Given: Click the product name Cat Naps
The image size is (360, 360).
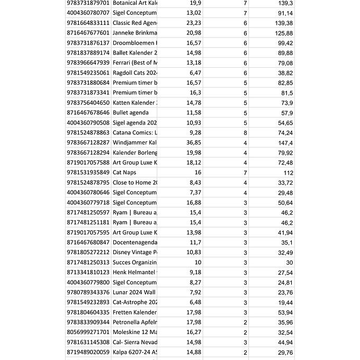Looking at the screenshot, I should pyautogui.click(x=124, y=173).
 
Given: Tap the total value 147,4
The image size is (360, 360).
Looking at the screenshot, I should pyautogui.click(x=285, y=143).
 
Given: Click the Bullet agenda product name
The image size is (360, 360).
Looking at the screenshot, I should pyautogui.click(x=131, y=113).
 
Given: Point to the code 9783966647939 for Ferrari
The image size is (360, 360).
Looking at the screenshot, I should pyautogui.click(x=88, y=63).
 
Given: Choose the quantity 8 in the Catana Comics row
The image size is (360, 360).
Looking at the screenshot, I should pyautogui.click(x=245, y=133).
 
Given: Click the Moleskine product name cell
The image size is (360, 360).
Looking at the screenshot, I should pyautogui.click(x=135, y=332).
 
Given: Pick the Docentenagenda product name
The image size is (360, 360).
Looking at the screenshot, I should pyautogui.click(x=135, y=242).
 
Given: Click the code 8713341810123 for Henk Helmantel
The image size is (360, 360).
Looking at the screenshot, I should pyautogui.click(x=88, y=273).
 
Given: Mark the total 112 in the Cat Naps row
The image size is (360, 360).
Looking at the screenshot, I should pyautogui.click(x=288, y=173).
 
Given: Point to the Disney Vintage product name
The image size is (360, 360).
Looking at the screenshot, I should pyautogui.click(x=135, y=253).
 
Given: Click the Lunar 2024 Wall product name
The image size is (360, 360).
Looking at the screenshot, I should pyautogui.click(x=135, y=292).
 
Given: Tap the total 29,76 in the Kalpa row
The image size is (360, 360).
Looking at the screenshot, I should pyautogui.click(x=285, y=353).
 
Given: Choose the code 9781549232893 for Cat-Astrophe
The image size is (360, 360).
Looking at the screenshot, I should pyautogui.click(x=88, y=302).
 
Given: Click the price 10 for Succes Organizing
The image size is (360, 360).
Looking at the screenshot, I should pyautogui.click(x=197, y=263).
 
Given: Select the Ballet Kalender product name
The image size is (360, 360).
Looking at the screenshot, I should pyautogui.click(x=135, y=53).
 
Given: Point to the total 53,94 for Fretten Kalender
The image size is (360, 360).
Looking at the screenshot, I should pyautogui.click(x=285, y=313).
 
